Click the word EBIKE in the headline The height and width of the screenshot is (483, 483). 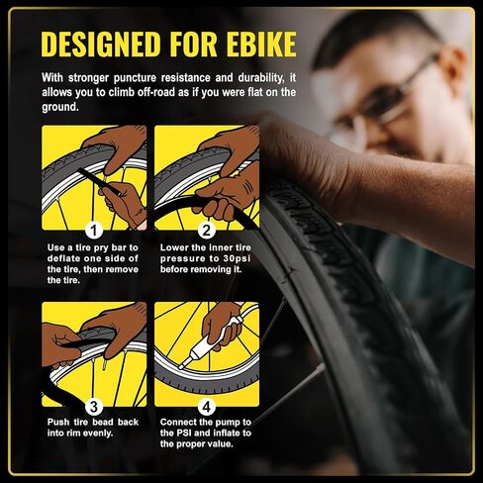coord(261,44)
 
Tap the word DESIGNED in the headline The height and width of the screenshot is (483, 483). coord(101,44)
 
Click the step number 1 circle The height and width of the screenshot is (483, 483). coord(94,230)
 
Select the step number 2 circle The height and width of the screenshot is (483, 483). coord(207,230)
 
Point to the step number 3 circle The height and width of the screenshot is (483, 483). coord(94,407)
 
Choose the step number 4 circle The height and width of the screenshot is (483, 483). coord(207,407)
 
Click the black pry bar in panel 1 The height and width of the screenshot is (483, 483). coord(98,181)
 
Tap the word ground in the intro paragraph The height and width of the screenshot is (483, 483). coord(59,107)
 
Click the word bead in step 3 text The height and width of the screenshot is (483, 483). coord(103,422)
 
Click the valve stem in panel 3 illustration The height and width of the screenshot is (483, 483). coord(105,364)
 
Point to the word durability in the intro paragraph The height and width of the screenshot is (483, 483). coord(259,78)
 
